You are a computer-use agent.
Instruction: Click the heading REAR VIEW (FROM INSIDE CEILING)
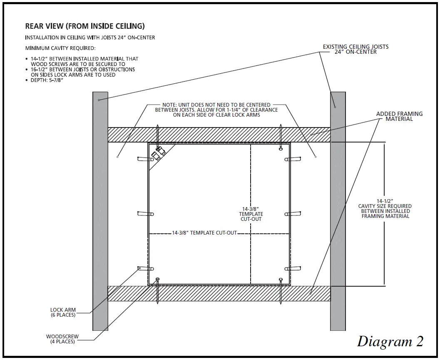(85, 26)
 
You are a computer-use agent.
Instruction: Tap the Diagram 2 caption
(390, 341)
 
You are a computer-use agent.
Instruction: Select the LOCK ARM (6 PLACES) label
(63, 312)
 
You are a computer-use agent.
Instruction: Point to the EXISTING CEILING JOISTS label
(355, 49)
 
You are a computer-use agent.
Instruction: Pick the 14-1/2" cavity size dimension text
(385, 208)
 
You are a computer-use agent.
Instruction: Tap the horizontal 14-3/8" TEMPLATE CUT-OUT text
(204, 233)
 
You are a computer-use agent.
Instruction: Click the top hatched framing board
(219, 135)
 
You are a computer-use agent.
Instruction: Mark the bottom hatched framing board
(219, 293)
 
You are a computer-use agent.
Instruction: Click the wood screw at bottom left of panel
(157, 290)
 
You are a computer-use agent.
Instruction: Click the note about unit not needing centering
(216, 110)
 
